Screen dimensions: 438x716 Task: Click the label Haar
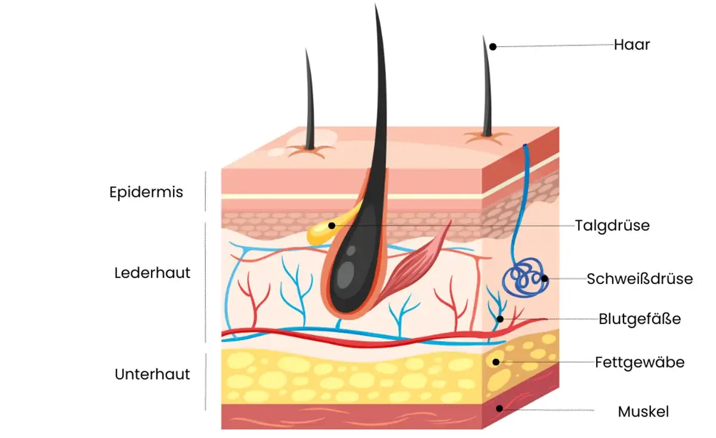pyautogui.click(x=632, y=45)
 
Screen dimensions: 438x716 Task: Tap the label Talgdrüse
pyautogui.click(x=612, y=226)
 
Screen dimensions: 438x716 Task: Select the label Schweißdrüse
pyautogui.click(x=640, y=279)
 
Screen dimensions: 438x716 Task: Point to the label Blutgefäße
pyautogui.click(x=640, y=319)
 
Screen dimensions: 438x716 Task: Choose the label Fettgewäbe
pyautogui.click(x=640, y=362)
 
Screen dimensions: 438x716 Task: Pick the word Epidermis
pyautogui.click(x=146, y=192)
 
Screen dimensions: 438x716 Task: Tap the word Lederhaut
pyautogui.click(x=152, y=273)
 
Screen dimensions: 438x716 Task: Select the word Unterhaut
pyautogui.click(x=152, y=374)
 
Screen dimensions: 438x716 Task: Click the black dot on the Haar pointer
pyautogui.click(x=493, y=46)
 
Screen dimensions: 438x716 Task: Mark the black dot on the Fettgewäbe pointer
pyautogui.click(x=496, y=362)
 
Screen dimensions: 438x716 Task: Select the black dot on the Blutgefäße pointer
pyautogui.click(x=501, y=319)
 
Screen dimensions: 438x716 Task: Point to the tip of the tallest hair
pyautogui.click(x=376, y=6)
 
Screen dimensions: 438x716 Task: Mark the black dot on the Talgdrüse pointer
pyautogui.click(x=331, y=226)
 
